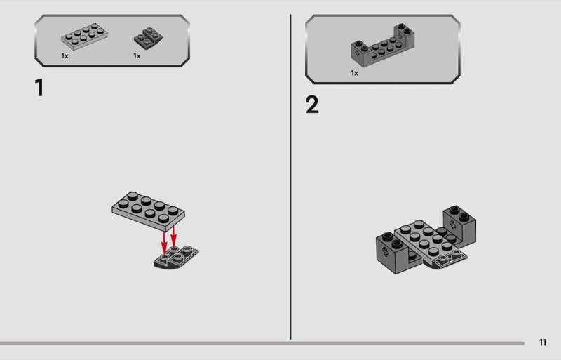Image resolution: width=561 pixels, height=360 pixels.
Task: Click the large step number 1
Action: click(39, 88)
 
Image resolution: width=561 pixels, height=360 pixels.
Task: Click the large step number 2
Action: click(312, 105)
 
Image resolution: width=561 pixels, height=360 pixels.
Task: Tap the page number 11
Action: click(542, 342)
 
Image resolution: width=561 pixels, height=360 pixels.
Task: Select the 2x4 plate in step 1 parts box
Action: click(84, 36)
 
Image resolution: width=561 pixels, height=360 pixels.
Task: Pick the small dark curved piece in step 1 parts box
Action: click(148, 38)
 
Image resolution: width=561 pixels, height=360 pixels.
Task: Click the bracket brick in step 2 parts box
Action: click(383, 46)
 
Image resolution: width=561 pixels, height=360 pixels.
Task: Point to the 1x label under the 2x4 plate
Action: click(65, 56)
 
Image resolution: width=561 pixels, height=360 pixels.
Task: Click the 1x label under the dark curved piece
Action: click(137, 56)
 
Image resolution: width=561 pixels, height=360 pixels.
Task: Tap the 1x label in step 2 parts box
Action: click(355, 73)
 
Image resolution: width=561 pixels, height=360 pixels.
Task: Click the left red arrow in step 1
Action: click(164, 243)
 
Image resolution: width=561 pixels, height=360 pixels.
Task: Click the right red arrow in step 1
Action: click(173, 236)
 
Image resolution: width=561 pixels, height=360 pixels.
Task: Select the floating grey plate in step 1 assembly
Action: click(148, 211)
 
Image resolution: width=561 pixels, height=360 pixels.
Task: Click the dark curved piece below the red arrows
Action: click(176, 258)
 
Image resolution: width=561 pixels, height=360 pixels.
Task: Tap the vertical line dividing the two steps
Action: click(290, 177)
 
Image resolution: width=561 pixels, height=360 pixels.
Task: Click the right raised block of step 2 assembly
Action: click(460, 227)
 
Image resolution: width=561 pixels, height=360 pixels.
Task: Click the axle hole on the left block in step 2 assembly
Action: click(386, 251)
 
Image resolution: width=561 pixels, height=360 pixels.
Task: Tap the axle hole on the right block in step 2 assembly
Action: click(452, 225)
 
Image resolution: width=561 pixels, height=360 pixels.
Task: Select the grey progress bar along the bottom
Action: click(262, 343)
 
